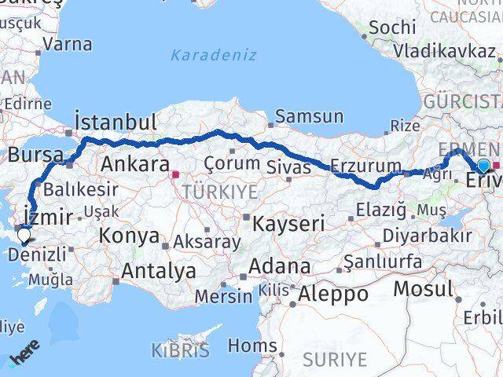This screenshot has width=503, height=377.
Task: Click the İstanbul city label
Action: pyautogui.click(x=115, y=122)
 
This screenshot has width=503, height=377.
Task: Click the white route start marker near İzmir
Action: pyautogui.click(x=24, y=233)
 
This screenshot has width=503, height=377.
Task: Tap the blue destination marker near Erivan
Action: pyautogui.click(x=483, y=165)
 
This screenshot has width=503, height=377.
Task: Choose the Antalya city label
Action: pyautogui.click(x=159, y=272)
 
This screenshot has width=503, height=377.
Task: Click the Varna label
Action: pyautogui.click(x=68, y=44)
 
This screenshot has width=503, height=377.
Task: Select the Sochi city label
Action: pyautogui.click(x=391, y=27)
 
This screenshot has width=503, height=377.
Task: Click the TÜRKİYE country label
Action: pyautogui.click(x=209, y=192)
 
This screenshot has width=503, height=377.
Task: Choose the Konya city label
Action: pyautogui.click(x=130, y=236)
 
